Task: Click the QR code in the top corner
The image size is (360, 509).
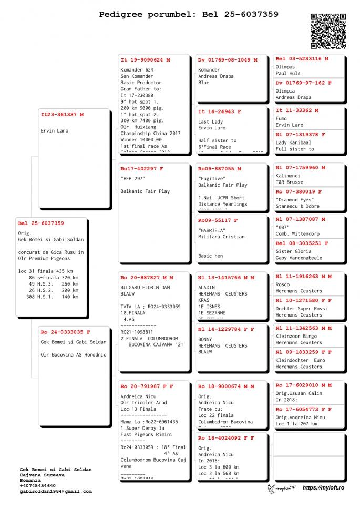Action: click(328, 31)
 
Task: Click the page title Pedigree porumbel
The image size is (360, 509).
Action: click(189, 14)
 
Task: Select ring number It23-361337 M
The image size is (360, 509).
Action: click(62, 114)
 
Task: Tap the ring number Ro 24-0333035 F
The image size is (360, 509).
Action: click(65, 332)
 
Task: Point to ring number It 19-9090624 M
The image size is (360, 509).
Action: click(145, 60)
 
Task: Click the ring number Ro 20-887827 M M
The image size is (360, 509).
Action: click(147, 277)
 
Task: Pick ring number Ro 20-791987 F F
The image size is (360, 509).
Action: click(147, 386)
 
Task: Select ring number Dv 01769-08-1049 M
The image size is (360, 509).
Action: click(228, 60)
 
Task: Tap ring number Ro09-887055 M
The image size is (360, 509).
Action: click(220, 169)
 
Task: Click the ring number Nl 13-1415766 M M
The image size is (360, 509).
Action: click(226, 277)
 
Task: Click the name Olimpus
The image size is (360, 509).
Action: click(285, 67)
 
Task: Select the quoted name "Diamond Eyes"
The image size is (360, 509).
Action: click(295, 200)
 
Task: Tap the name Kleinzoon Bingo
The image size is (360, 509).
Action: click(296, 336)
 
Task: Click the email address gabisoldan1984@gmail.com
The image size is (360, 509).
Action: click(56, 491)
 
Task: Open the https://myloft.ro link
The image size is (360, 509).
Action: click(323, 488)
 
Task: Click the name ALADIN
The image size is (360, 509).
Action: click(207, 288)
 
